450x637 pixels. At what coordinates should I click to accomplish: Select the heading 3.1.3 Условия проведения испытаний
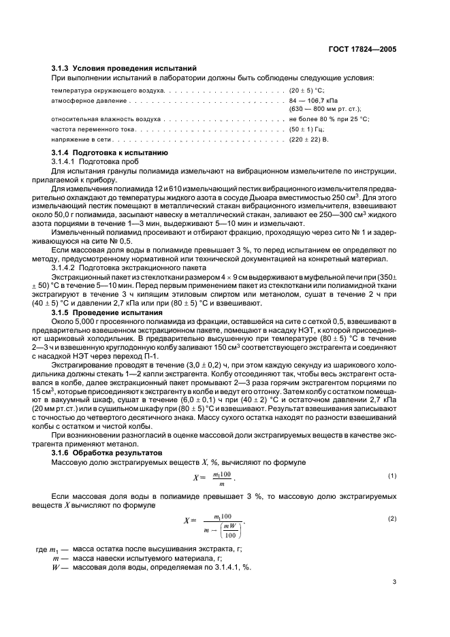pos(125,69)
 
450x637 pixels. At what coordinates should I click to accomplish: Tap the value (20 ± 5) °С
pos(308,90)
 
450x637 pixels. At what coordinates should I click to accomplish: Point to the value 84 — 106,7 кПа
pos(313,100)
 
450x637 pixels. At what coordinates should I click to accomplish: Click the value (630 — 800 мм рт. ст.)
pos(325,108)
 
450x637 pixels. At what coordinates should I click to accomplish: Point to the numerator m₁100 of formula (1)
pos(223,472)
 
